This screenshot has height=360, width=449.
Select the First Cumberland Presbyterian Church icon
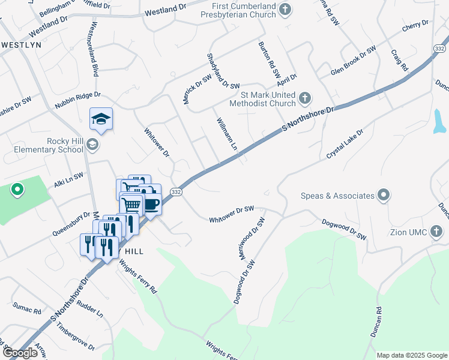coord(286,8)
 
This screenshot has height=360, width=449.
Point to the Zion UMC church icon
coord(438,230)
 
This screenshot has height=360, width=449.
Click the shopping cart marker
coord(132,205)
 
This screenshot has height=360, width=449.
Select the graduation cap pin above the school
coord(101,119)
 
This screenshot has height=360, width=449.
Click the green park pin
coord(17,190)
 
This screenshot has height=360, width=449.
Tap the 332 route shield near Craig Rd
coord(439,48)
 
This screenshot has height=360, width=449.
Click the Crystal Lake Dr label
coord(345,144)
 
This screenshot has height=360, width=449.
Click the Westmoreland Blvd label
coord(93,50)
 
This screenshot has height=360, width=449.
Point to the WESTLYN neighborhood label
coord(21,45)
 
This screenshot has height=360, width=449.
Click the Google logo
coord(20,352)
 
